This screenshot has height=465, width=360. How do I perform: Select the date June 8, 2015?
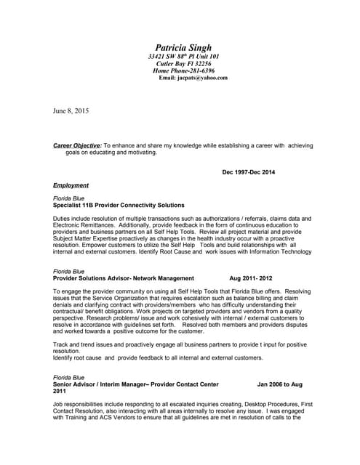pos(71,110)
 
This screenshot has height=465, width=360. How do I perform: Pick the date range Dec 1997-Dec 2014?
pos(248,172)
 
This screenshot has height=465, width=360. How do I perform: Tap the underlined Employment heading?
pos(71,185)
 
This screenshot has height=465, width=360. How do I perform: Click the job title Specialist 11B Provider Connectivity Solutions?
pos(119,206)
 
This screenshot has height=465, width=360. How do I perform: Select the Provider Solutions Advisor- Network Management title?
pos(124,278)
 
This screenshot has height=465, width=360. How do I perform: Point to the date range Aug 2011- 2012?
pos(251,278)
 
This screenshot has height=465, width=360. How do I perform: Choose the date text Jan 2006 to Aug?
pos(280,384)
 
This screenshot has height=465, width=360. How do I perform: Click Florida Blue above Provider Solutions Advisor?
pos(69,271)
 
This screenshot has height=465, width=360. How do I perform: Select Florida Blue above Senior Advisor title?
pos(69,377)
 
